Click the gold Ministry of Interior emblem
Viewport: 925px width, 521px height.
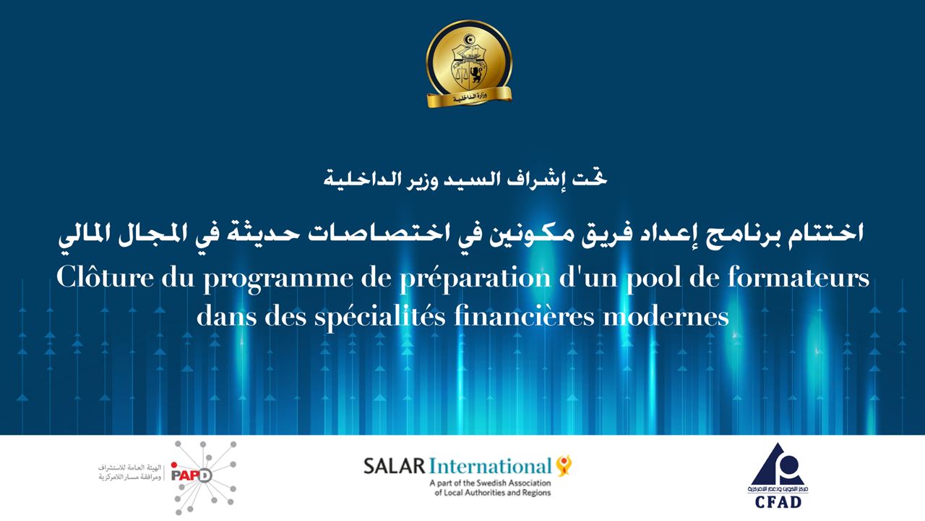(469, 64)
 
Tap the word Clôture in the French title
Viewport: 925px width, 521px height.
(105, 277)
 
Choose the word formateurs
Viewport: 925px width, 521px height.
(799, 277)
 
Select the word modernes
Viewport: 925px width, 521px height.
(666, 317)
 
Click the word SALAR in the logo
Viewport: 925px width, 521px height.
(394, 467)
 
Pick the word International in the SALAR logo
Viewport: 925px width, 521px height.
(490, 467)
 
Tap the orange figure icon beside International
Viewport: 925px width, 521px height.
(564, 465)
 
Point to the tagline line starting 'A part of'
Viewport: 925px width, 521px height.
(490, 483)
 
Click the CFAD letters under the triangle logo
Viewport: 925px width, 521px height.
(778, 502)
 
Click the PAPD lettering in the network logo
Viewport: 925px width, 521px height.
(192, 475)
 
